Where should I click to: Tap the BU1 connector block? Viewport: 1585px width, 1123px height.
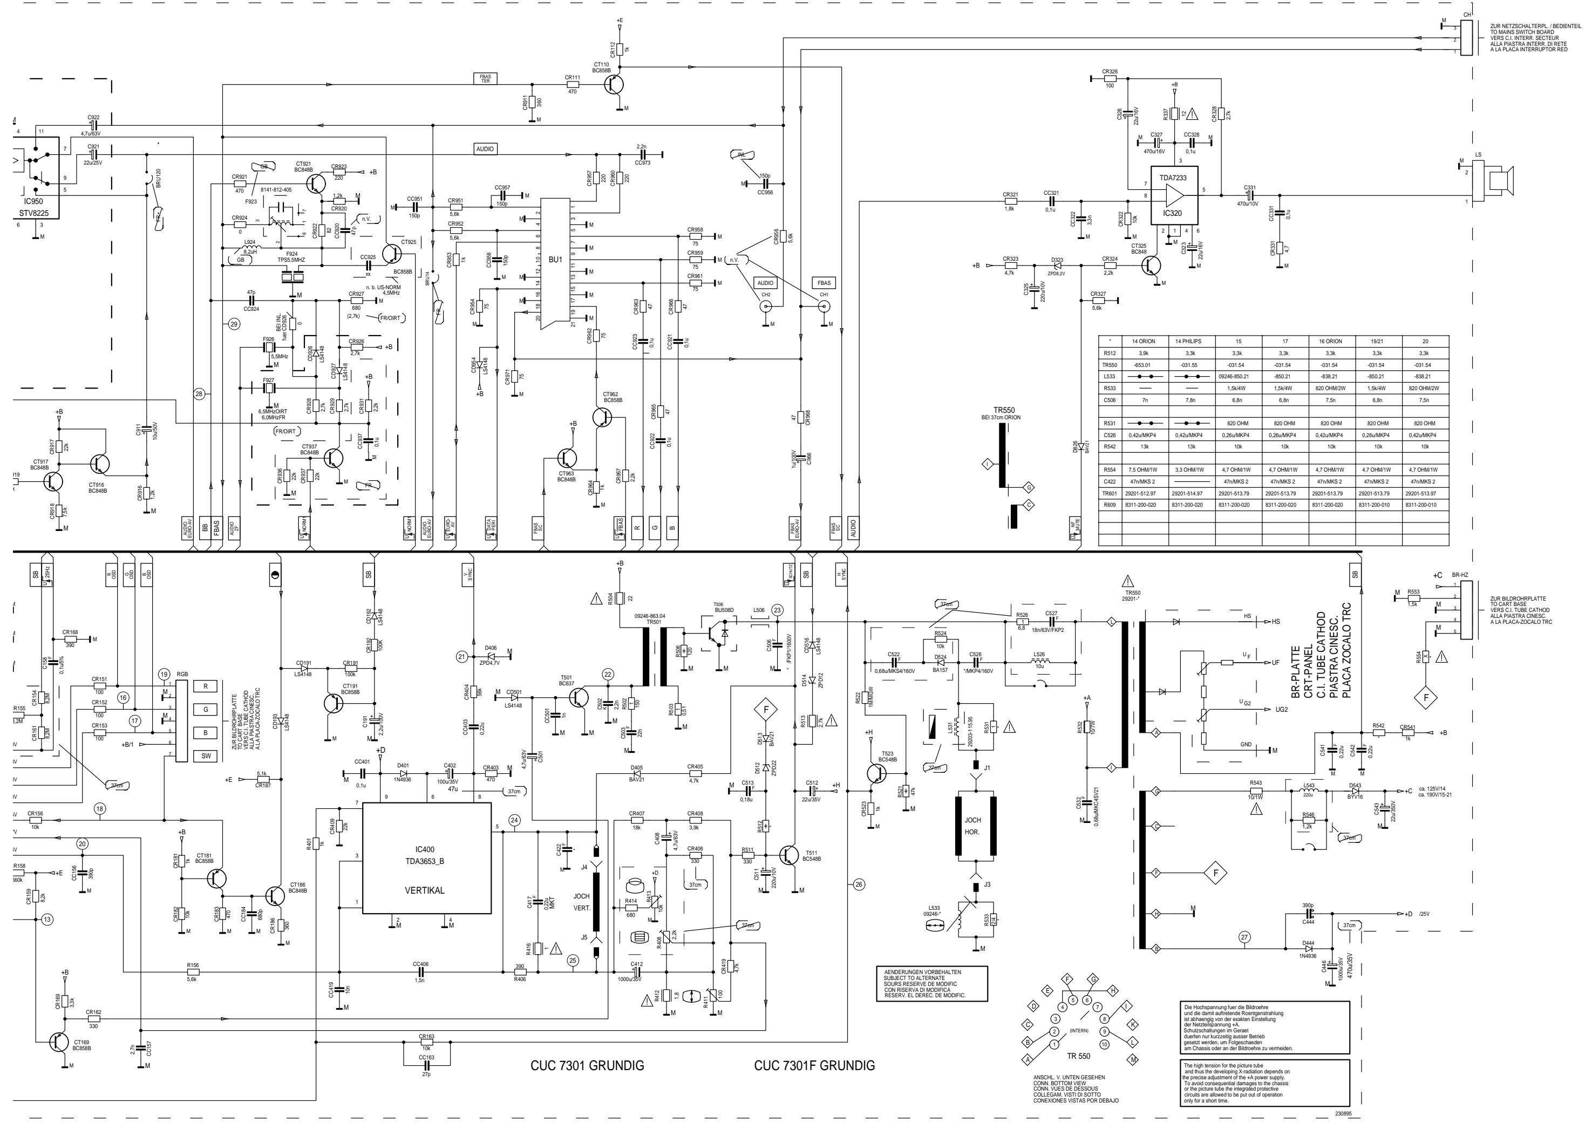555,260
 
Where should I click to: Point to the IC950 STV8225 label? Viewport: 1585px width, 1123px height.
34,207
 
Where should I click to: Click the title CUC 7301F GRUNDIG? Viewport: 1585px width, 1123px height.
814,1066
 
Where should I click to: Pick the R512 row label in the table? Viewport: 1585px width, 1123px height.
1110,353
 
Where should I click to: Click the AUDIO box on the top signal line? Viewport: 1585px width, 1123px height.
485,149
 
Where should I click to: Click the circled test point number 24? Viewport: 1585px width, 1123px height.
514,820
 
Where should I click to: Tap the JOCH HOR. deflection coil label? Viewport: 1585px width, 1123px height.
972,826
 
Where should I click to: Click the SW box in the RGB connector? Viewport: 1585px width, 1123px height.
206,756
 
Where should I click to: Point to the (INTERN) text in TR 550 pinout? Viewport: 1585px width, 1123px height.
1079,1030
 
